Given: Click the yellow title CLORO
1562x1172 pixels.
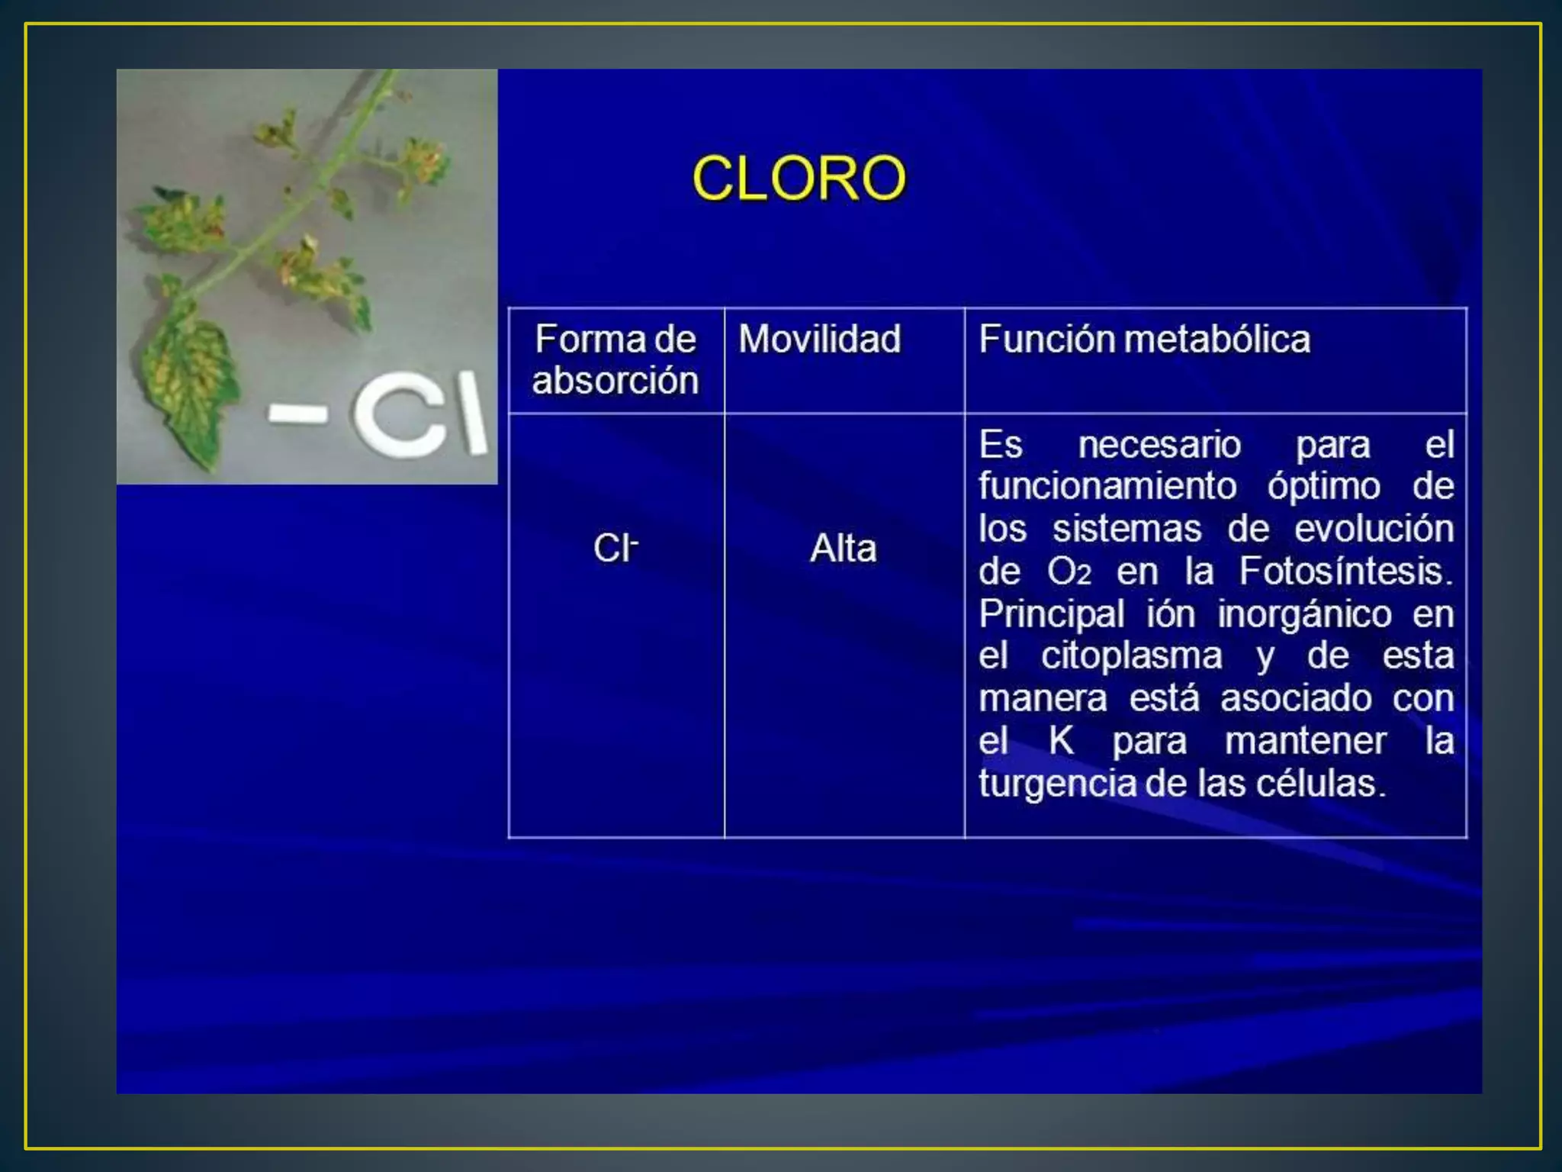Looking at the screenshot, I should [799, 178].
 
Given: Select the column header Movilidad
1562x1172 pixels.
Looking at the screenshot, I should [819, 339].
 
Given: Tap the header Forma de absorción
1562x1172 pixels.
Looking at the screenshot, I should [615, 359].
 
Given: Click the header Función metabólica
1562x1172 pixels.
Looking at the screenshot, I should [1144, 339].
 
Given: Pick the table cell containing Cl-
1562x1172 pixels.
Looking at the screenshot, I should [615, 548].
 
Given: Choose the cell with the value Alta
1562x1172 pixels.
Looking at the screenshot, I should [844, 548].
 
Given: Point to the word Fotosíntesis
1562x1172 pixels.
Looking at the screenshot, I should [1345, 571].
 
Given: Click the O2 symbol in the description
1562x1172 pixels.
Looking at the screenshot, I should [1069, 572].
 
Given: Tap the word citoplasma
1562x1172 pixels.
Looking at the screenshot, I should [1131, 655].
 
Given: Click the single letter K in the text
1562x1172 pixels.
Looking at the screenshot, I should [1061, 740].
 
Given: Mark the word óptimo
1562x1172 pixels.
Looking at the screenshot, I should [1323, 487].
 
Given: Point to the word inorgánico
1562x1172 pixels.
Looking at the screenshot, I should [1304, 614].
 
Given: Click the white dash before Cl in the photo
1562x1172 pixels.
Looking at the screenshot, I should [298, 414].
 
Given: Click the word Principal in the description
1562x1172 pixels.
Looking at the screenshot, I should [1051, 613].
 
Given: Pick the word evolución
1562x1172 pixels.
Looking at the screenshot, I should [1374, 529].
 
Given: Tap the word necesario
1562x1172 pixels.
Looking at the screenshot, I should [1159, 444].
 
